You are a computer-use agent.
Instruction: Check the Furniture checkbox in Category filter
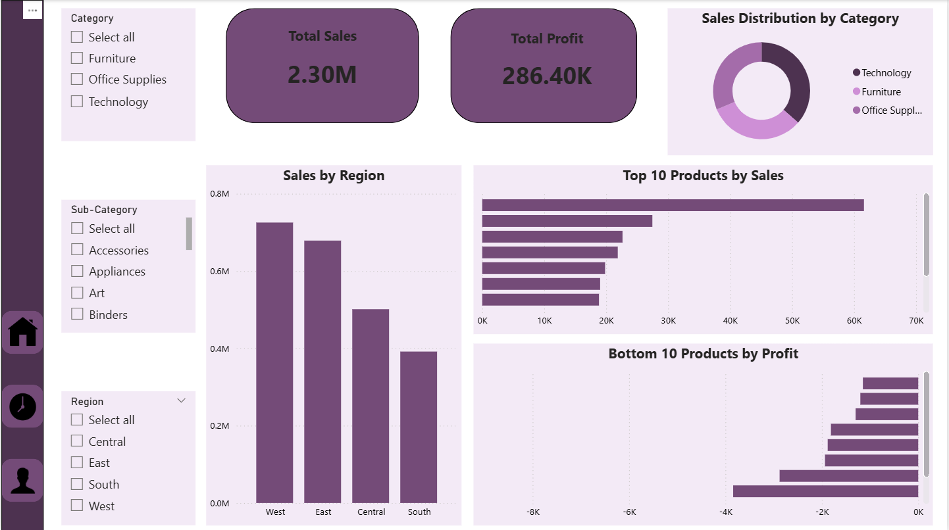(77, 58)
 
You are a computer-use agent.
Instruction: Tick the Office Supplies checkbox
(77, 80)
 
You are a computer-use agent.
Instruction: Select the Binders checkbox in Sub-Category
(77, 314)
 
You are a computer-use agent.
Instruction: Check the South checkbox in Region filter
(77, 484)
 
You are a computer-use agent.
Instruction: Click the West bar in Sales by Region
(274, 362)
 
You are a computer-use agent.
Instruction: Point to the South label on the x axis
(419, 512)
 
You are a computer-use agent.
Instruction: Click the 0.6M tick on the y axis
(220, 272)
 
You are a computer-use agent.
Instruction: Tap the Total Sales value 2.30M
(322, 75)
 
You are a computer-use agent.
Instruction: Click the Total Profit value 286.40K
(547, 76)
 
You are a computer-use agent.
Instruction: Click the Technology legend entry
(886, 73)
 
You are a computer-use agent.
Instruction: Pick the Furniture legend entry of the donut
(881, 92)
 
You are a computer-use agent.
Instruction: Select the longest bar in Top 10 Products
(673, 205)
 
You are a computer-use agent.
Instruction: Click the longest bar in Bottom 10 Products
(825, 491)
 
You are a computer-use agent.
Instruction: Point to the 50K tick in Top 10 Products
(792, 321)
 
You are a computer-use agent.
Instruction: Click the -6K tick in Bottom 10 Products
(629, 512)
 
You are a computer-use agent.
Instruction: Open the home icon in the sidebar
(22, 332)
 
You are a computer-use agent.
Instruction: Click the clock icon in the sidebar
(22, 406)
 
